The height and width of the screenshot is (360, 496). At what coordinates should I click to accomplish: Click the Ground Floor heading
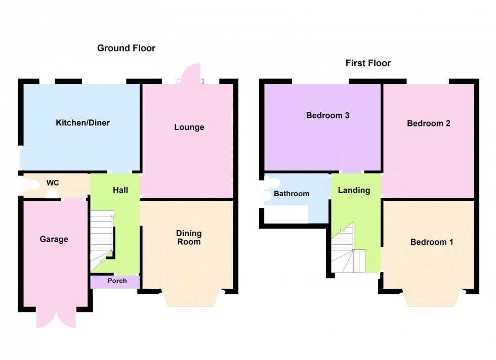pyautogui.click(x=126, y=48)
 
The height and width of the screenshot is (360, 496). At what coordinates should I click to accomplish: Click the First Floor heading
pyautogui.click(x=368, y=63)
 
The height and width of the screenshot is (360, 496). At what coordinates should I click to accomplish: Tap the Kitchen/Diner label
pyautogui.click(x=82, y=123)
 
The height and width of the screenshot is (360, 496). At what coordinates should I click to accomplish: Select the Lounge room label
pyautogui.click(x=189, y=127)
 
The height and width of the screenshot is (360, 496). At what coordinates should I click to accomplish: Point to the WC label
pyautogui.click(x=53, y=182)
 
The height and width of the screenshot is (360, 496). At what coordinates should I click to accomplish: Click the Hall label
pyautogui.click(x=120, y=190)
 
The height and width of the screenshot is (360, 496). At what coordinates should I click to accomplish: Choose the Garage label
pyautogui.click(x=54, y=239)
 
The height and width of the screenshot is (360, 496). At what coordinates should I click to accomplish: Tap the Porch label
pyautogui.click(x=117, y=281)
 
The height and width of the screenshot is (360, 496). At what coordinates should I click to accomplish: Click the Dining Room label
pyautogui.click(x=189, y=237)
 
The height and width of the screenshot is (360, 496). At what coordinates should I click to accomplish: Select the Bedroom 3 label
pyautogui.click(x=327, y=115)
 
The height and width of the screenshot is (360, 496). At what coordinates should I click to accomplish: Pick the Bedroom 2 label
pyautogui.click(x=428, y=123)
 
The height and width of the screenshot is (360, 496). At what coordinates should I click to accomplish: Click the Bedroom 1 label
pyautogui.click(x=431, y=242)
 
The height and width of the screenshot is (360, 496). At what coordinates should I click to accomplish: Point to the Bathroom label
pyautogui.click(x=291, y=194)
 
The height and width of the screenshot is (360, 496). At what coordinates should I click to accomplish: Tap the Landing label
pyautogui.click(x=354, y=191)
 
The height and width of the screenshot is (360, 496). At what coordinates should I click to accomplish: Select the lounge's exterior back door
pyautogui.click(x=191, y=73)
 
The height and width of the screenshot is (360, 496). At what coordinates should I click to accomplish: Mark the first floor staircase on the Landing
pyautogui.click(x=348, y=251)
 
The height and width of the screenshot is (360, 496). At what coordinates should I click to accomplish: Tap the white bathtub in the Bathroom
pyautogui.click(x=284, y=215)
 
